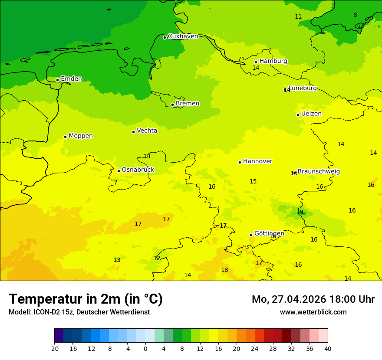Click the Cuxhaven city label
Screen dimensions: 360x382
tap(183, 36)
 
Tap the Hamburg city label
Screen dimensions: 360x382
tap(273, 61)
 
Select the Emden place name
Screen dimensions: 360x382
tap(71, 79)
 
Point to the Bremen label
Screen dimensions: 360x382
tap(187, 104)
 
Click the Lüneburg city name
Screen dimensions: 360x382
tap(303, 88)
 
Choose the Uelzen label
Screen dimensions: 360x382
tap(311, 114)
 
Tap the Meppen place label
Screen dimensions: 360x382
tap(81, 136)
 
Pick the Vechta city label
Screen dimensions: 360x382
tap(147, 131)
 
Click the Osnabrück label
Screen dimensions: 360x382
tap(138, 170)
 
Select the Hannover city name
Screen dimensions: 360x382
tap(257, 161)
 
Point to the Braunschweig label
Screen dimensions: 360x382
tap(319, 172)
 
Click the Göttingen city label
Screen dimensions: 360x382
tap(269, 234)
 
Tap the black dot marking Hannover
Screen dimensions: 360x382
tap(240, 162)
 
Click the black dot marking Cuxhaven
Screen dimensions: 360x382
tap(165, 37)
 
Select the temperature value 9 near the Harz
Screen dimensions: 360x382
tap(301, 213)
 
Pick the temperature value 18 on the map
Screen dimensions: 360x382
tap(224, 270)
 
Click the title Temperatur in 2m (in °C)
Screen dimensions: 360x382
tap(86, 299)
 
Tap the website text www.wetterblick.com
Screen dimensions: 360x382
tap(313, 312)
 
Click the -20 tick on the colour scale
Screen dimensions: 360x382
tap(54, 348)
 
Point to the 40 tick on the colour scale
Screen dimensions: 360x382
tap(328, 348)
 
